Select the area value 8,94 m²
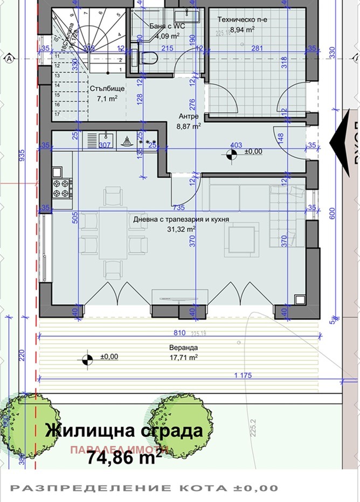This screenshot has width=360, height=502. (243, 30)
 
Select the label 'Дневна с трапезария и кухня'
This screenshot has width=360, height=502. (181, 220)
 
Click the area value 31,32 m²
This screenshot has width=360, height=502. (181, 228)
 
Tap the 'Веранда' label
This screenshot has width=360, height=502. (181, 348)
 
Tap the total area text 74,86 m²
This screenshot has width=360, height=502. (124, 457)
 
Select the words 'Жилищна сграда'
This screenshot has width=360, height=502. (124, 431)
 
